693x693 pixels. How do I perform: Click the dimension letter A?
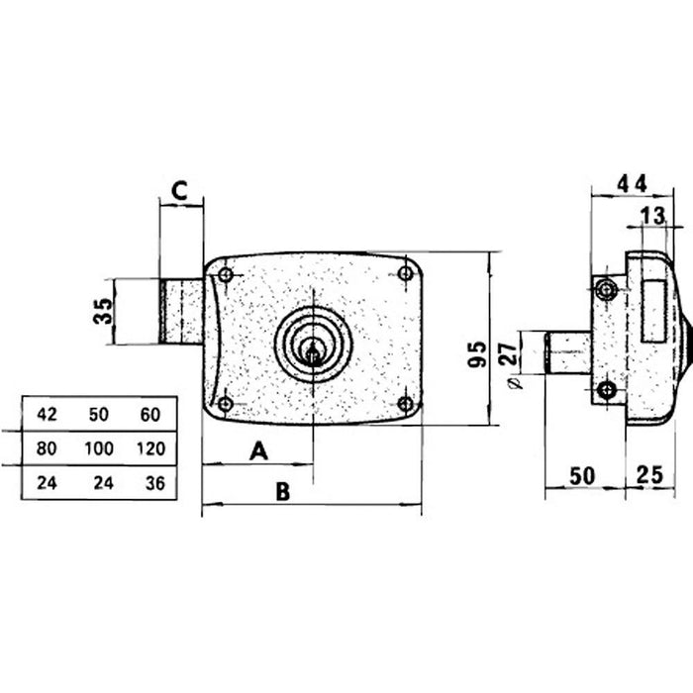[258, 451]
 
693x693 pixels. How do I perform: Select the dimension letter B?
[282, 491]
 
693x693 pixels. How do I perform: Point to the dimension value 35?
[101, 313]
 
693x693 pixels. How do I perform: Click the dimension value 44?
[632, 182]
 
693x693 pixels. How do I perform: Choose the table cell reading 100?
[99, 448]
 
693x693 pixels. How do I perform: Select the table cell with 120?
[150, 448]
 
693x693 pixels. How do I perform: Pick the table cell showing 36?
[150, 483]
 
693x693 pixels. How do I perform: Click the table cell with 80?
[47, 448]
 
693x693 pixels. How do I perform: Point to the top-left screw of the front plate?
[226, 274]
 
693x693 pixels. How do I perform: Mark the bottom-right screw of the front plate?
[404, 404]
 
